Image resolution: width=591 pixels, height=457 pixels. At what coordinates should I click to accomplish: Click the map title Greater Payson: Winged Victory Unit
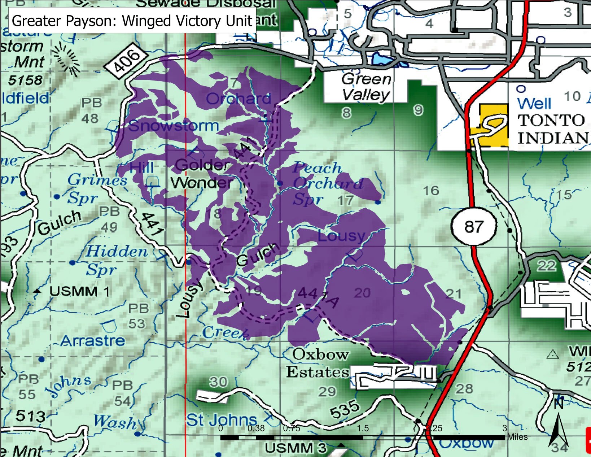point(132,21)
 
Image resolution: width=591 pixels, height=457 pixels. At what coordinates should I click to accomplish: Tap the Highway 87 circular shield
point(473,226)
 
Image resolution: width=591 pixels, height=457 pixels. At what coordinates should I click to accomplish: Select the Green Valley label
point(366,87)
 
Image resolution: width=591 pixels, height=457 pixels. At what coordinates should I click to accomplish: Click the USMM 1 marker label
point(79,291)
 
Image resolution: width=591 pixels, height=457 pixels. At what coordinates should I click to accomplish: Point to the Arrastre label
point(93,340)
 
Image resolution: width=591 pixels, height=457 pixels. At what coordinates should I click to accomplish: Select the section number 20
point(362,292)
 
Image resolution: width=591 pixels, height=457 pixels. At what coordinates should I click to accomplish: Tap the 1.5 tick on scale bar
point(363,428)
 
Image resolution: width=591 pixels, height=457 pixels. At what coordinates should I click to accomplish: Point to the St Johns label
point(222,420)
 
